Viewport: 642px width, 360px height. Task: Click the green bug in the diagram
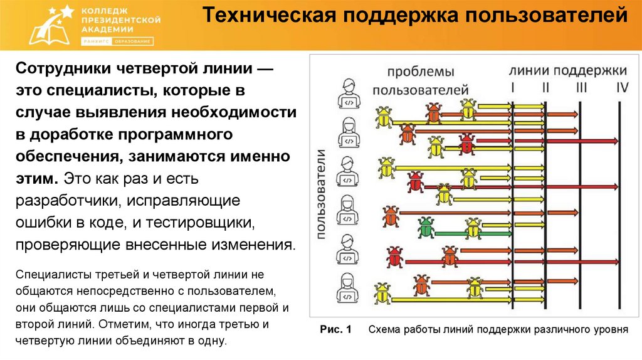click(426, 227)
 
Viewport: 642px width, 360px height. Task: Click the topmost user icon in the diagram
click(346, 94)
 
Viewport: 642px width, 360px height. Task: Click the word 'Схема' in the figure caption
click(383, 329)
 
